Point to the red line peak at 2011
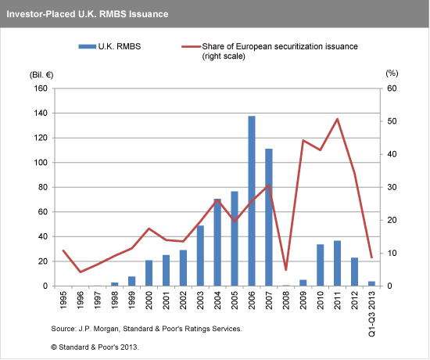click(337, 119)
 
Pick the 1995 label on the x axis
click(63, 303)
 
